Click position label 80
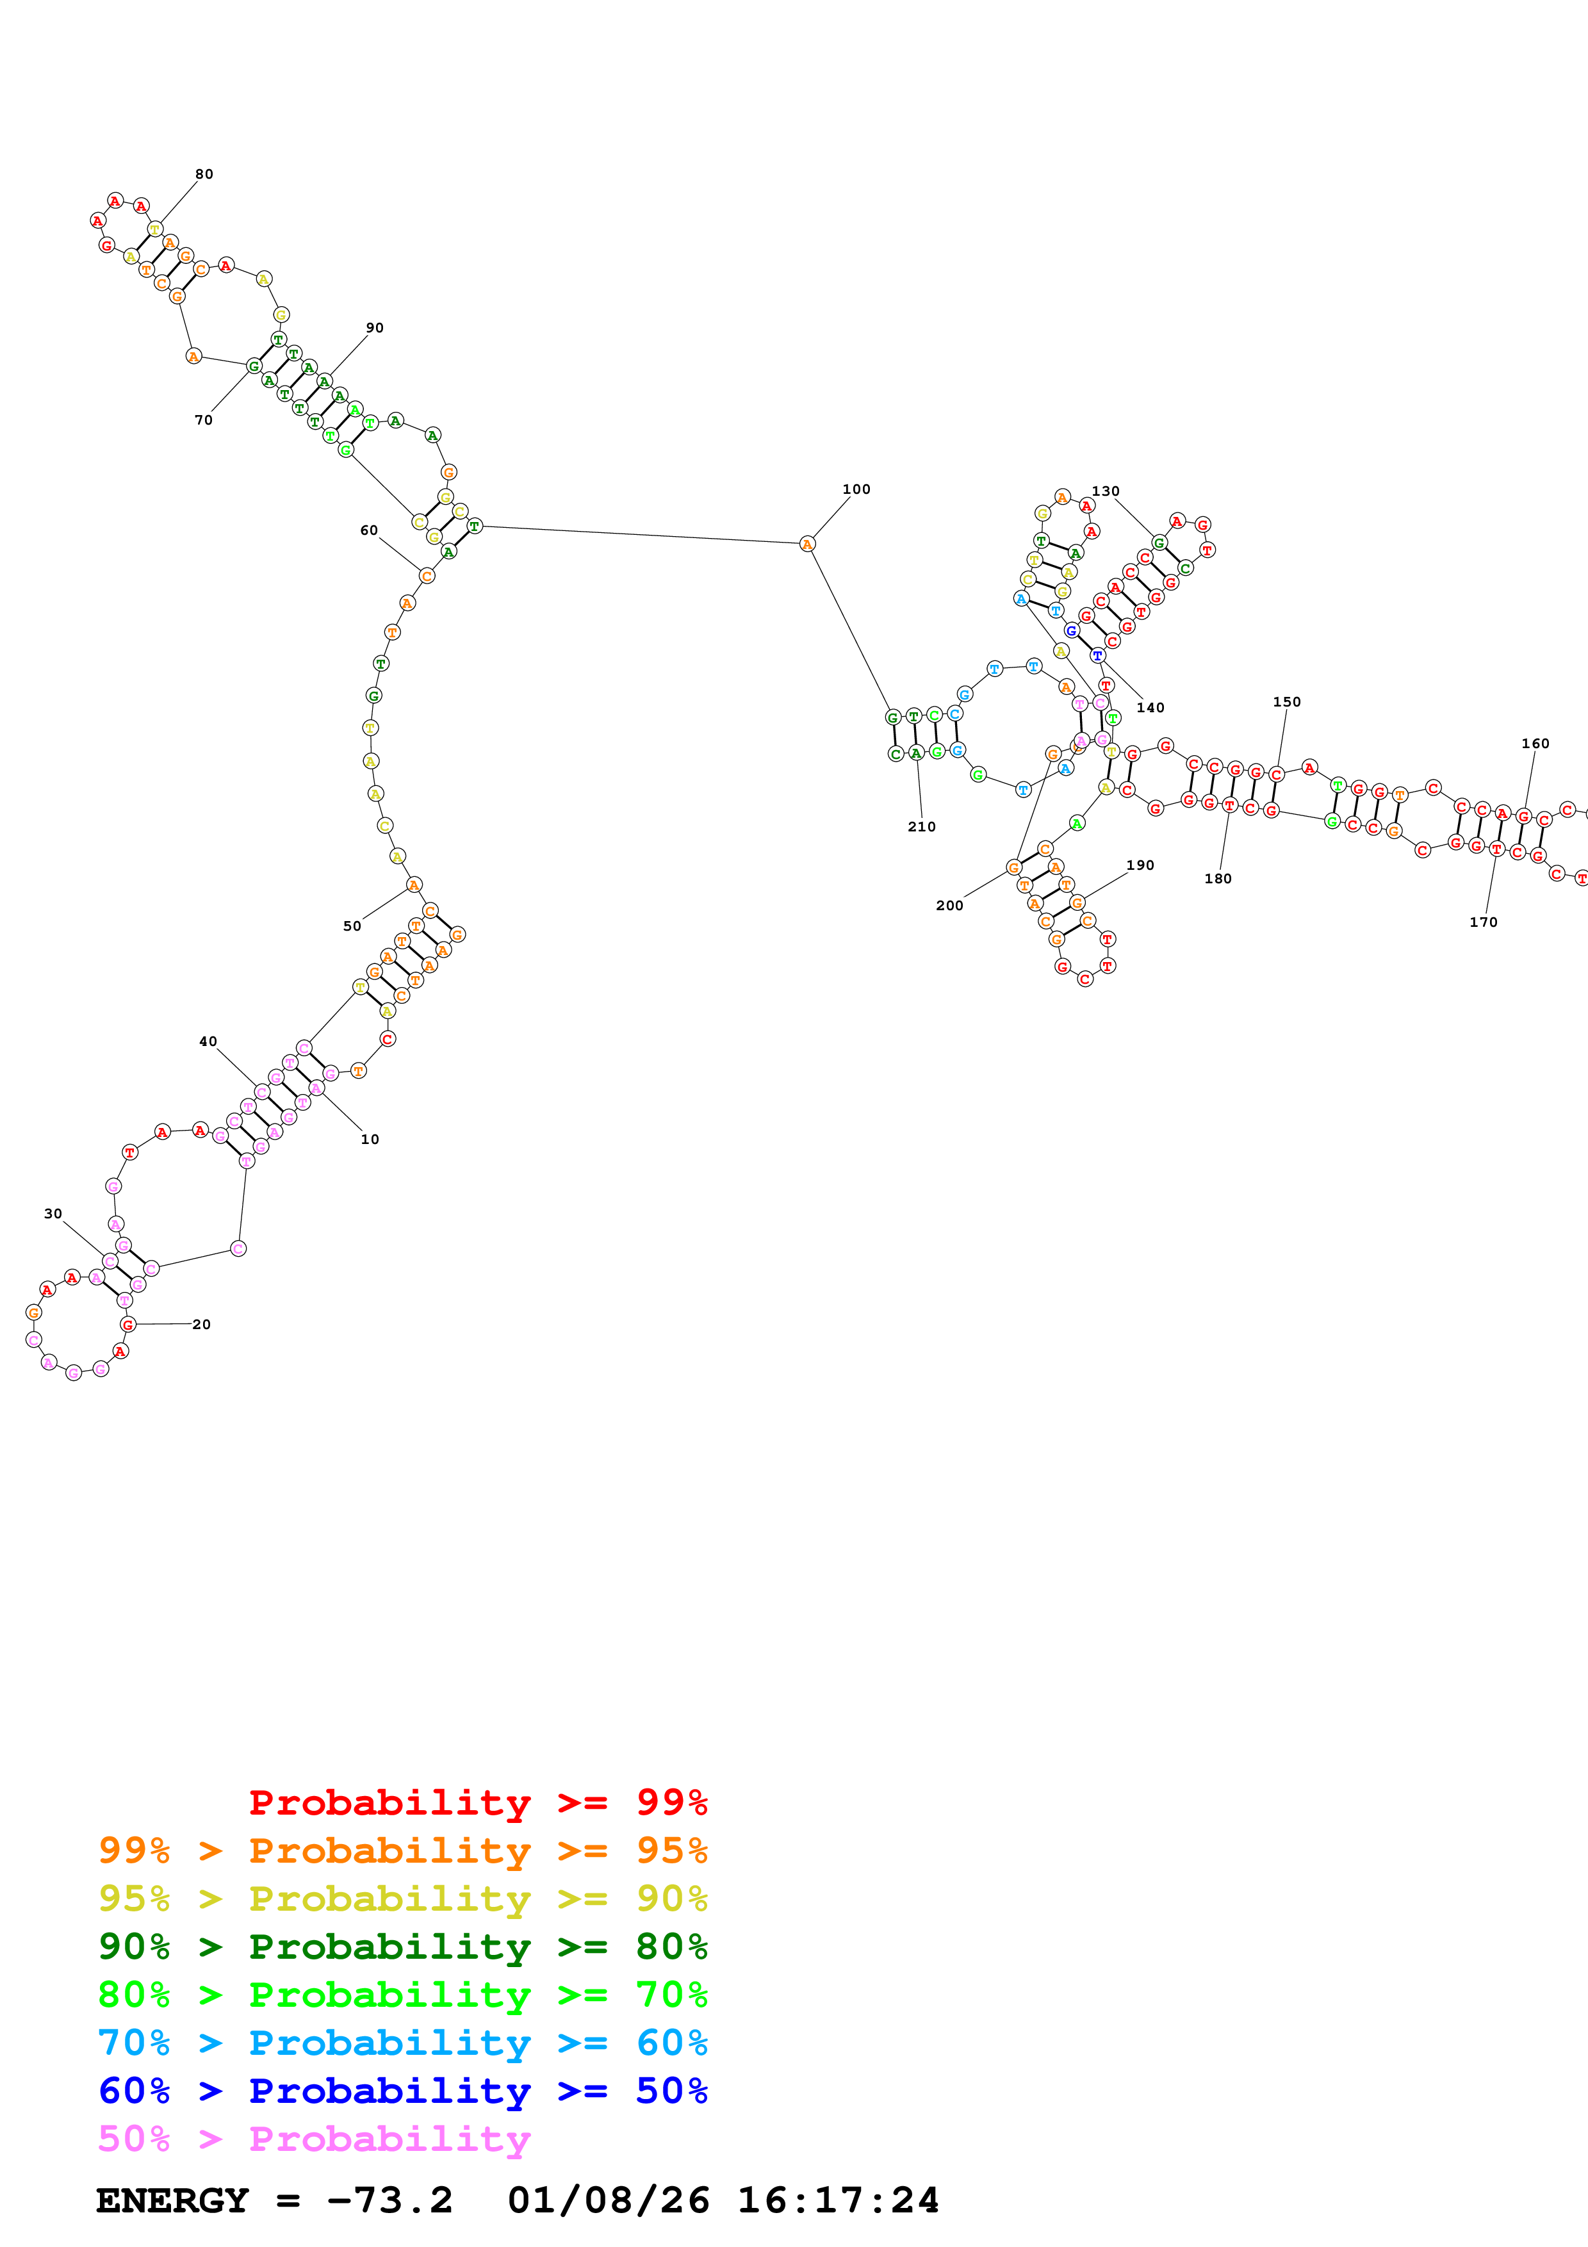tap(204, 174)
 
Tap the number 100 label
tap(856, 489)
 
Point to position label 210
tap(922, 827)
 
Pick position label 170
tap(1484, 922)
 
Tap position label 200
tap(949, 905)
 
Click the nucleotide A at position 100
tap(807, 544)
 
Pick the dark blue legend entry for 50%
tap(402, 2091)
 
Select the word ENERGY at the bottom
tap(172, 2200)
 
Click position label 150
tap(1287, 701)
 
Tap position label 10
tap(370, 1139)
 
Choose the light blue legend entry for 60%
tap(402, 2043)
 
